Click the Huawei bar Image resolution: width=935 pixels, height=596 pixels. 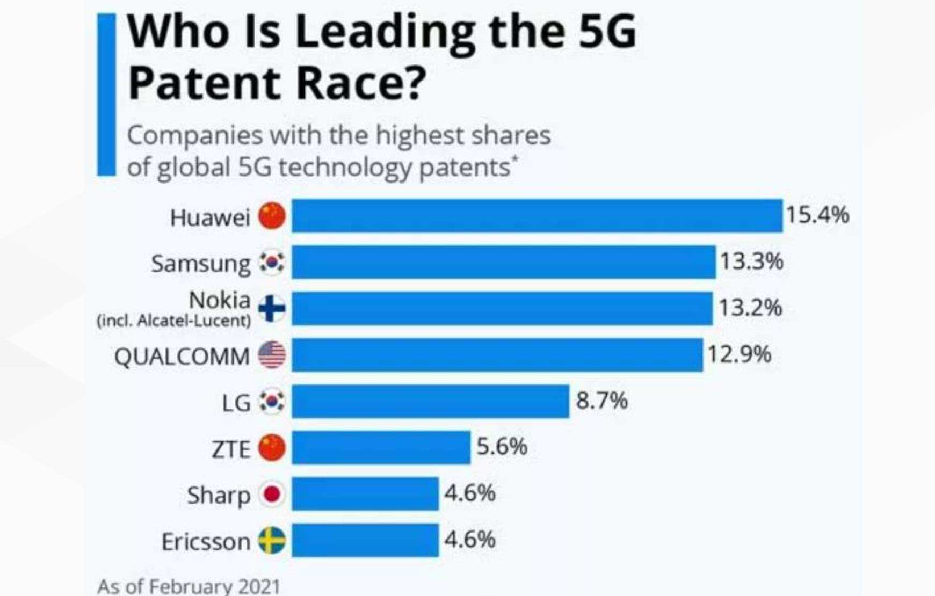[537, 216]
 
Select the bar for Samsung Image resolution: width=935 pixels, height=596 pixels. [503, 262]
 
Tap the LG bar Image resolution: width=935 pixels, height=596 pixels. [430, 401]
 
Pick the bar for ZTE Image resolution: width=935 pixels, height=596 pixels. [381, 447]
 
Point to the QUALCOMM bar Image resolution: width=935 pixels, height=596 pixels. [497, 355]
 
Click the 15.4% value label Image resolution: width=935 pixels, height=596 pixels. [817, 215]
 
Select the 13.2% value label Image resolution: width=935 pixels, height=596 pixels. [750, 308]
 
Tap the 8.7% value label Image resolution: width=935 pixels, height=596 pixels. [601, 401]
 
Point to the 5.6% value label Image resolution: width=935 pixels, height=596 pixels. [502, 447]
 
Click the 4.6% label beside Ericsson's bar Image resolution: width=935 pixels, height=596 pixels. [469, 540]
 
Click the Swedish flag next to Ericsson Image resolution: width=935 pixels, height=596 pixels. [272, 541]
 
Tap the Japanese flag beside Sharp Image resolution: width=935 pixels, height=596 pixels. [272, 495]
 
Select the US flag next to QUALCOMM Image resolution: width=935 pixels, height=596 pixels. [272, 355]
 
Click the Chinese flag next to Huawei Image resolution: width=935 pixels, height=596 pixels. [272, 216]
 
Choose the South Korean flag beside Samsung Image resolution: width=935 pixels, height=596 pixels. [272, 263]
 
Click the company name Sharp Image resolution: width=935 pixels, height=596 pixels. [219, 495]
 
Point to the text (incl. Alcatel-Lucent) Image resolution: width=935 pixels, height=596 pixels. [173, 321]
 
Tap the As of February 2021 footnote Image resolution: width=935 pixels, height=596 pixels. [189, 586]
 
